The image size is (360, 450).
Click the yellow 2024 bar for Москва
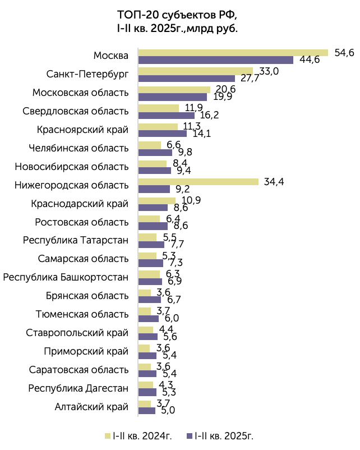tap(233, 53)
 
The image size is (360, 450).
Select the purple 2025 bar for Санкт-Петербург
tap(187, 79)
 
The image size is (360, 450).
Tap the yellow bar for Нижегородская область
tap(199, 182)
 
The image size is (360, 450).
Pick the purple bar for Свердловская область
tap(167, 116)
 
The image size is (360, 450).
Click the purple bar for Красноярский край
tap(163, 134)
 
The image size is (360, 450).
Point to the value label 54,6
tap(344, 53)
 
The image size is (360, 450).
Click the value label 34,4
tap(274, 182)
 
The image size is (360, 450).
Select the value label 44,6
tap(310, 59)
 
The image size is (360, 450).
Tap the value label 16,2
tap(209, 115)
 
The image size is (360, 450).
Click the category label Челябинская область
tap(79, 148)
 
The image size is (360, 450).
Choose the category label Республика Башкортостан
tap(66, 278)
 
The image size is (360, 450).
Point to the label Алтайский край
tap(91, 407)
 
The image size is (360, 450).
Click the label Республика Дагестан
tap(79, 388)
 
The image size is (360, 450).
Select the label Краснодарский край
tap(80, 204)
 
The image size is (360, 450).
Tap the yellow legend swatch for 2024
tap(108, 436)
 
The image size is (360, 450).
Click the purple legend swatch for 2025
tap(190, 436)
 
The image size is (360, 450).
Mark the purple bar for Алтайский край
tap(147, 411)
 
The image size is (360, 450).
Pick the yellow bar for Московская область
tap(174, 90)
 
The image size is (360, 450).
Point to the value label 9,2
tap(183, 189)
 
